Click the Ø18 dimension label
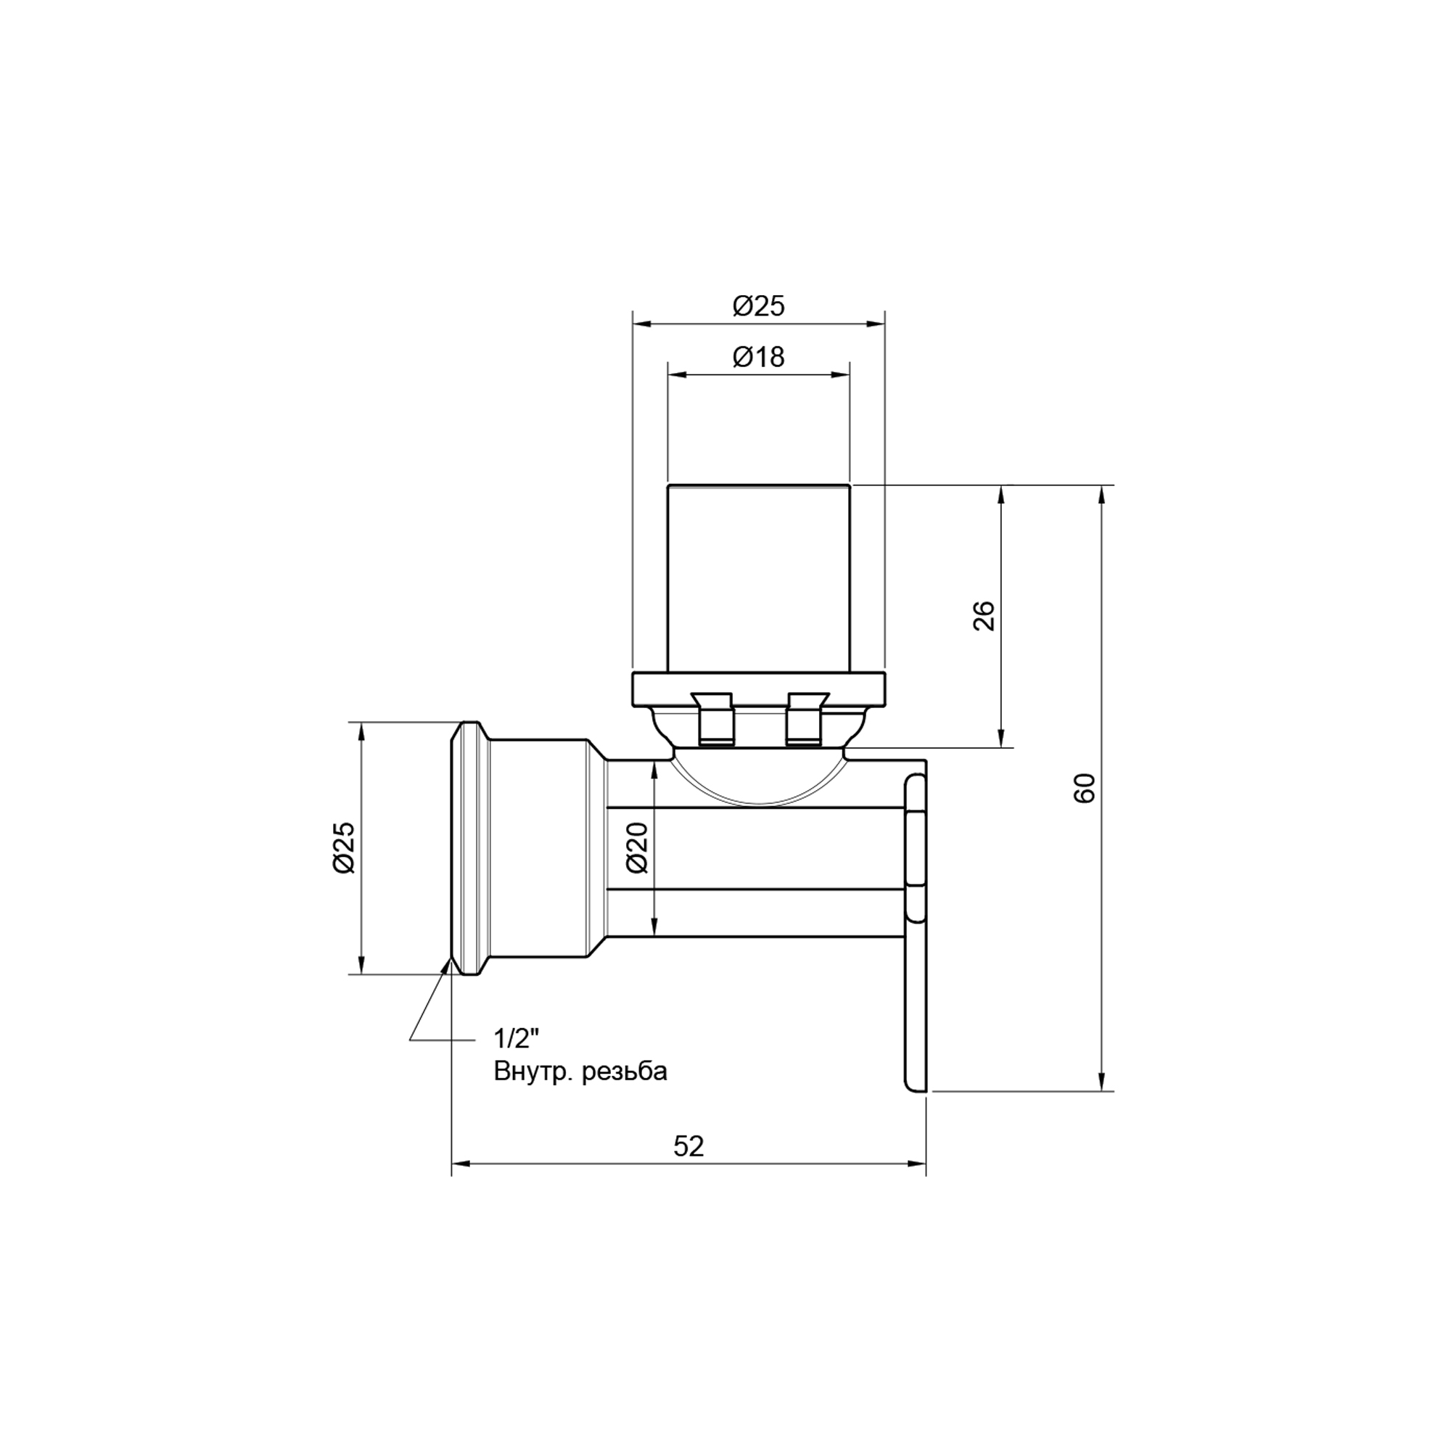coord(759,357)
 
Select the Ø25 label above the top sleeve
coord(759,306)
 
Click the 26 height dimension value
coord(984,616)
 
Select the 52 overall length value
coord(688,1146)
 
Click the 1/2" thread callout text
coord(517,1039)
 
